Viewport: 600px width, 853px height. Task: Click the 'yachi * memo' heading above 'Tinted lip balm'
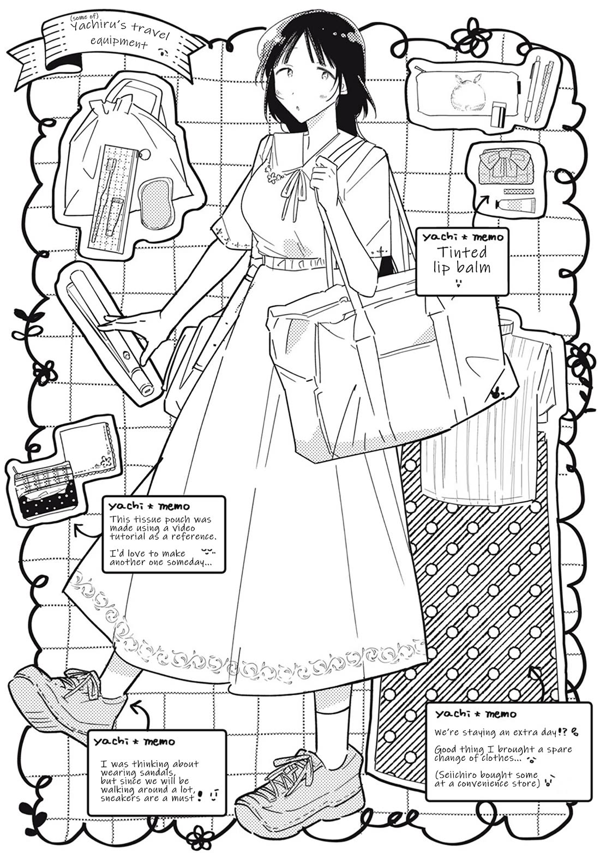[x=462, y=237]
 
